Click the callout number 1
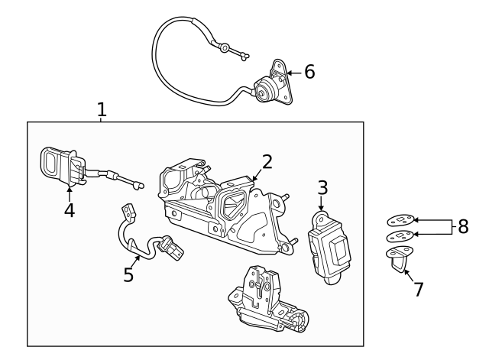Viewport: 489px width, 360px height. (x=102, y=109)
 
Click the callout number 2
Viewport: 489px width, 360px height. (x=267, y=161)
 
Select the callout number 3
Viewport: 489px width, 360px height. (x=322, y=187)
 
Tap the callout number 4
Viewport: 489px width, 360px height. (x=70, y=210)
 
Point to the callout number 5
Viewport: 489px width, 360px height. (x=128, y=274)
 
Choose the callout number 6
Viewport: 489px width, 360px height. (x=309, y=73)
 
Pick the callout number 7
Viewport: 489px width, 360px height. (x=418, y=290)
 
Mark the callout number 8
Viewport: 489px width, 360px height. (x=463, y=227)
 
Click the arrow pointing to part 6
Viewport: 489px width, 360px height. (x=292, y=73)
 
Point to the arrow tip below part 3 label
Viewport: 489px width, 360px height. (x=322, y=212)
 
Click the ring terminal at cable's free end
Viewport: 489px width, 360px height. (x=225, y=48)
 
